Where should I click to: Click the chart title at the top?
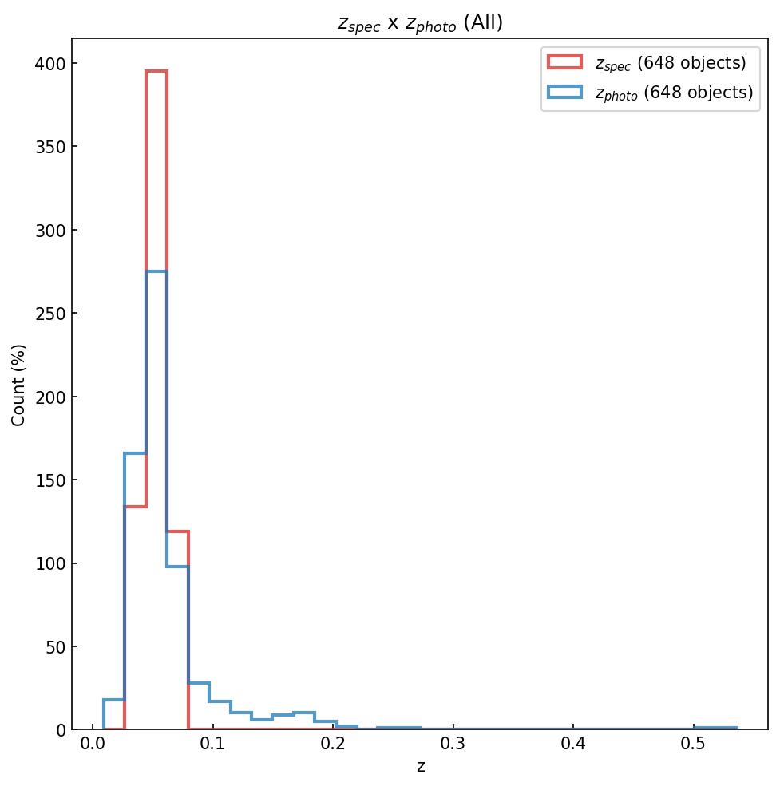(420, 23)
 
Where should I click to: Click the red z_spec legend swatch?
(564, 62)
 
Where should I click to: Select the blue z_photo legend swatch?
(564, 93)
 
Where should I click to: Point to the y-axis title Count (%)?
(19, 385)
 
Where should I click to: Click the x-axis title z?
(420, 767)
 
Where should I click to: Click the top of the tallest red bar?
(156, 71)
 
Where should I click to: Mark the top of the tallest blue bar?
(156, 271)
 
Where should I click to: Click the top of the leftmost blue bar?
(114, 700)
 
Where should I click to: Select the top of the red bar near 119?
(177, 531)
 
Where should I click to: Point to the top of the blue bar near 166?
(135, 453)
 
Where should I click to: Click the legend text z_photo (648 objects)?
(674, 93)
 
